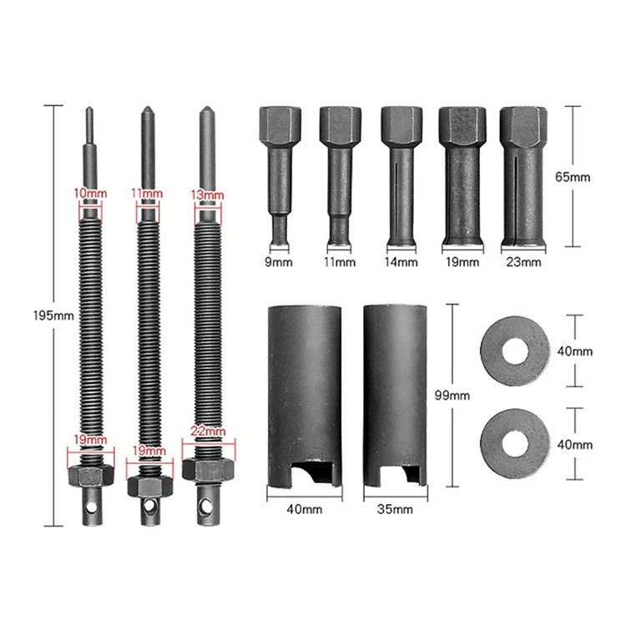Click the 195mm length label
click(x=53, y=316)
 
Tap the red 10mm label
click(x=90, y=194)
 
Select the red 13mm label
click(x=207, y=194)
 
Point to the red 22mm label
click(x=208, y=432)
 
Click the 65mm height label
click(x=573, y=176)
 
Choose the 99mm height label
click(x=452, y=396)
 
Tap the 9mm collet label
click(x=279, y=262)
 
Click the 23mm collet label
click(x=523, y=262)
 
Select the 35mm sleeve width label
click(x=395, y=509)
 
